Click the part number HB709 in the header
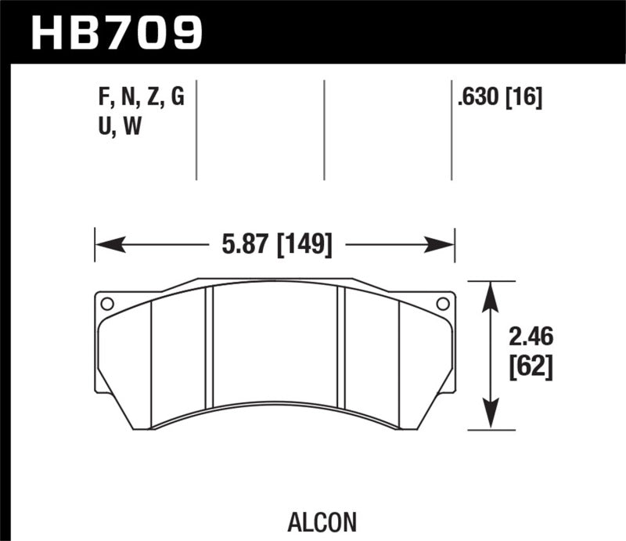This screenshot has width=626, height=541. point(116,32)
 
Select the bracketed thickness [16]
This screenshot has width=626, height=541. point(523,99)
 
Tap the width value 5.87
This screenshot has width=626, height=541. point(238,245)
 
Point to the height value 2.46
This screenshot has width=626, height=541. point(531,337)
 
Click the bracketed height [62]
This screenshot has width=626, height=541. point(531,366)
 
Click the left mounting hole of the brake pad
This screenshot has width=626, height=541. point(108,304)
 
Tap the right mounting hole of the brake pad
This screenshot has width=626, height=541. point(442,304)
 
